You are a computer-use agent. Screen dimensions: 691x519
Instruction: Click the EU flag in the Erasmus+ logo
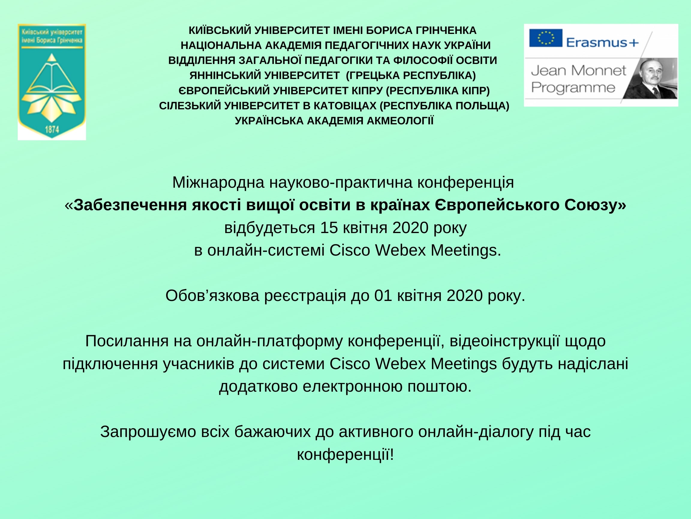pyautogui.click(x=546, y=38)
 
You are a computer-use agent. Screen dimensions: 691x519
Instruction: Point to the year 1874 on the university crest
pyautogui.click(x=52, y=129)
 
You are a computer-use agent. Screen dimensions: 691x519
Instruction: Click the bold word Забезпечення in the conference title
pyautogui.click(x=130, y=205)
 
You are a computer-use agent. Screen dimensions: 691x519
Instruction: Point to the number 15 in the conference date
pyautogui.click(x=329, y=228)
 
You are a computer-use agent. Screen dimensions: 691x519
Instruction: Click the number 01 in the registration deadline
pyautogui.click(x=383, y=296)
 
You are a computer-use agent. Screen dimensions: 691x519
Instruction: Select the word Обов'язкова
pyautogui.click(x=212, y=296)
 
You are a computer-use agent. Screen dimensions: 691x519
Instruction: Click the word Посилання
pyautogui.click(x=127, y=341)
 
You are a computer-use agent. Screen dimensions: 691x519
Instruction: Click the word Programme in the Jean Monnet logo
pyautogui.click(x=573, y=88)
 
